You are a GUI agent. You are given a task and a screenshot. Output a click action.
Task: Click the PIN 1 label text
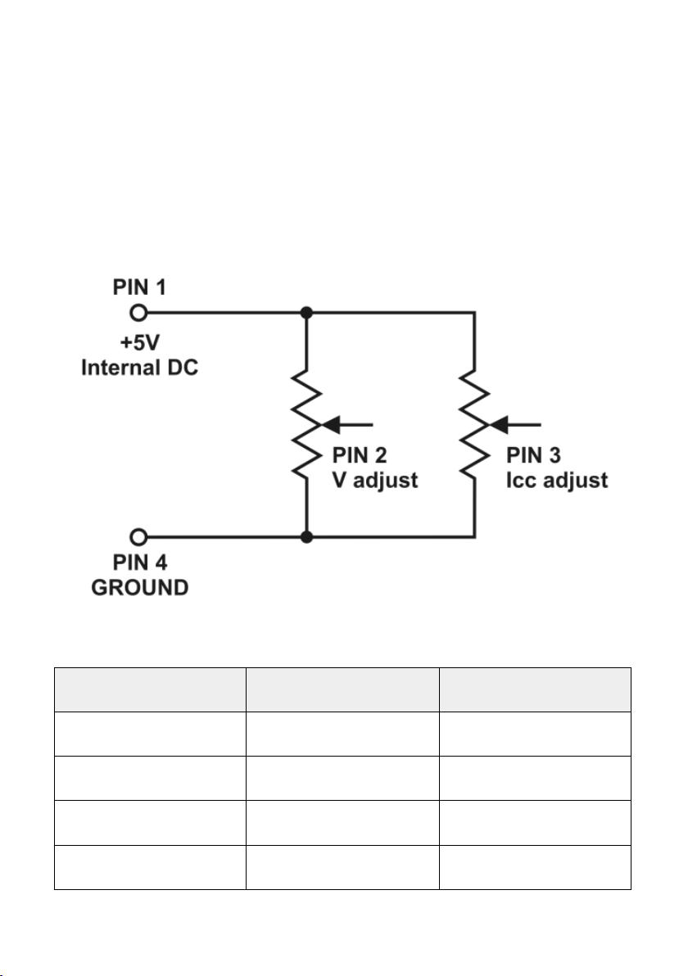[139, 287]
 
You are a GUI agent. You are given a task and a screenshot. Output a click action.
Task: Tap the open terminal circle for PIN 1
[139, 313]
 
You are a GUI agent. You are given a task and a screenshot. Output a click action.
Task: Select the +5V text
[139, 342]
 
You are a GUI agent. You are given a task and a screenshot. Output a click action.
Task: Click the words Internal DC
[139, 368]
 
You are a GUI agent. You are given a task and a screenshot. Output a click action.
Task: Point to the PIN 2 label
[360, 455]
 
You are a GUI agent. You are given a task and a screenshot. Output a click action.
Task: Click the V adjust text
[375, 480]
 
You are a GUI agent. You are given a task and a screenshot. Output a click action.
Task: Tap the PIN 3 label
[533, 455]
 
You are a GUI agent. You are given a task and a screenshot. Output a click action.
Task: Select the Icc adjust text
[557, 480]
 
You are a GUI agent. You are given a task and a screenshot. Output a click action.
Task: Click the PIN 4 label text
[139, 562]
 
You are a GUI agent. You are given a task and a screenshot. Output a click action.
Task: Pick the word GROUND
[139, 588]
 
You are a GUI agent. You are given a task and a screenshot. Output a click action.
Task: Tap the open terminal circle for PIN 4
[139, 536]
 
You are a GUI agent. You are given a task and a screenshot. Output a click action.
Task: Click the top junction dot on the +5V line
[306, 313]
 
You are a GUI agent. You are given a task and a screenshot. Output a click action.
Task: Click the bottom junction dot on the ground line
[306, 536]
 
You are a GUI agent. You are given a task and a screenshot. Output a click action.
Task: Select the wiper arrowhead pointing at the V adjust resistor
[329, 425]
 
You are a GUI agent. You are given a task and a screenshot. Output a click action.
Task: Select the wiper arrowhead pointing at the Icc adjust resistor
[497, 425]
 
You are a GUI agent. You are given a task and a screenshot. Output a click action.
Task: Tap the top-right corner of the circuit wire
[474, 313]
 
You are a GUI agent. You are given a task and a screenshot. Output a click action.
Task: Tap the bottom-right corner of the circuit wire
[474, 536]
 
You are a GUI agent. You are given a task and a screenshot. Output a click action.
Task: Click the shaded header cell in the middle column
[342, 689]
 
